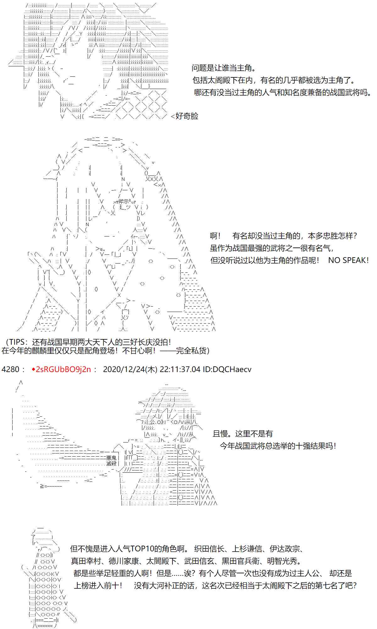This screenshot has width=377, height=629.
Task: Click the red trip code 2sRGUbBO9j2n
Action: [x=64, y=369]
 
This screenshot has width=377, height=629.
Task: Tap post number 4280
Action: [x=11, y=369]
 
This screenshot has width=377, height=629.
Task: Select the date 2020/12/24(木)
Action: [x=130, y=369]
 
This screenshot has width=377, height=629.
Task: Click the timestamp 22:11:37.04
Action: [x=180, y=369]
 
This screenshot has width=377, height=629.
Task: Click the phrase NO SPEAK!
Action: [x=348, y=260]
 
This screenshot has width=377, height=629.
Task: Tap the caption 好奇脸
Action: [x=187, y=116]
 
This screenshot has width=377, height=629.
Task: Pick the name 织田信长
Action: [x=209, y=549]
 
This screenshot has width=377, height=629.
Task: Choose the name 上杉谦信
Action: [x=247, y=549]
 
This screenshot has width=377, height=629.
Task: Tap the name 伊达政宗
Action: [x=285, y=549]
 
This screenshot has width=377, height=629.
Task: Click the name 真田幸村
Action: [x=86, y=561]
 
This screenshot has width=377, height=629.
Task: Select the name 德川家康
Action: [x=124, y=561]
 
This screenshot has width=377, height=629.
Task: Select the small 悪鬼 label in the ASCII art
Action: [x=111, y=458]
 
